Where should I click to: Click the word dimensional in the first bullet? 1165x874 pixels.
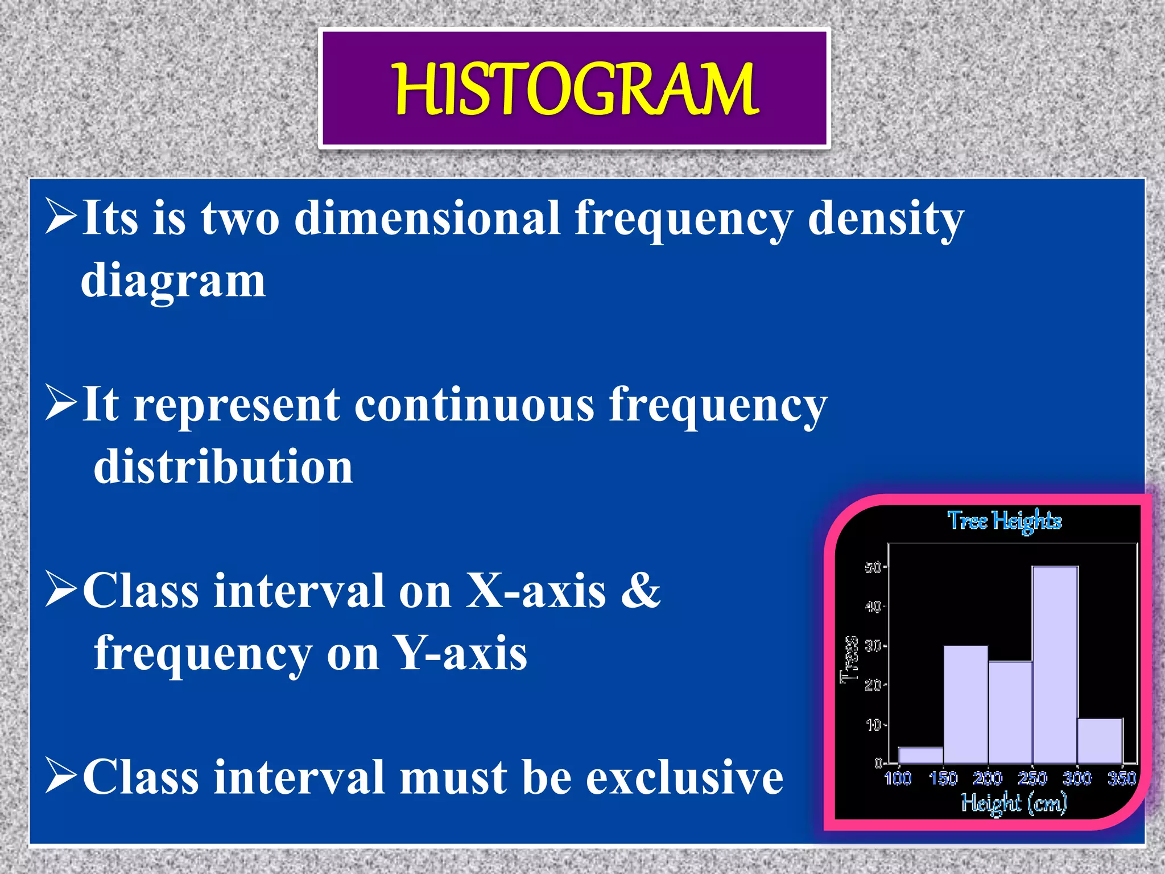click(427, 218)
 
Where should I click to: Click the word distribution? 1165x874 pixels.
click(223, 467)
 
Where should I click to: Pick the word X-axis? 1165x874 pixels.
click(536, 591)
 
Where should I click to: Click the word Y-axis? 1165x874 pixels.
click(461, 654)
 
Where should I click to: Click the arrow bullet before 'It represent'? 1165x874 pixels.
click(61, 403)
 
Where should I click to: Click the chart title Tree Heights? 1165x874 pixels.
click(1004, 521)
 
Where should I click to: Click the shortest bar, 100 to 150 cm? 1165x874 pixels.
click(921, 755)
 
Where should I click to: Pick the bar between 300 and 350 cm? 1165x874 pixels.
click(1100, 741)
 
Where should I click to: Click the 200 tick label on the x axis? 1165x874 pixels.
click(988, 778)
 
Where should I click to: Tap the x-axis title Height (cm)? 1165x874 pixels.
click(1014, 803)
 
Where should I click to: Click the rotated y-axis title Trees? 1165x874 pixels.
click(849, 659)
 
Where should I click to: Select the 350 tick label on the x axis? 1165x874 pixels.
click(1121, 778)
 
